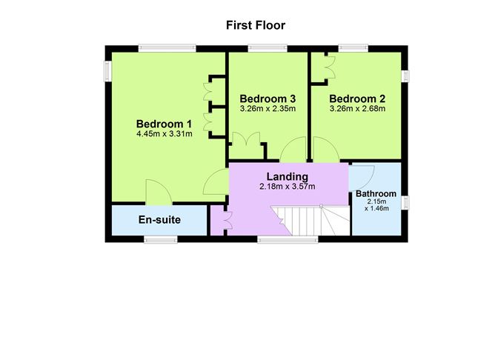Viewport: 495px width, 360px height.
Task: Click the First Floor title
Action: pos(256,25)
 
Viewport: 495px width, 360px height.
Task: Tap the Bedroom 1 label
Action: pos(164,124)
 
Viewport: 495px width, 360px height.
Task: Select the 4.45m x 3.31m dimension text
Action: pos(164,134)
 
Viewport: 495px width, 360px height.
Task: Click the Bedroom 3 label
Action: pos(268,99)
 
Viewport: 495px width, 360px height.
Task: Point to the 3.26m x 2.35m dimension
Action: pos(268,109)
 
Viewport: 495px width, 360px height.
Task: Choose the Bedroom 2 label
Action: pos(358,99)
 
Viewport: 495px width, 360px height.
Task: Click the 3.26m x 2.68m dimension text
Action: pos(358,109)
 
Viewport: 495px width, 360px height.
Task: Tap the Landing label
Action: pos(288,176)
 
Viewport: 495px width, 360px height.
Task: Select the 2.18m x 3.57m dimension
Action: pos(288,187)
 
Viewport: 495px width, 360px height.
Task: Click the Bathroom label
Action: pos(376,194)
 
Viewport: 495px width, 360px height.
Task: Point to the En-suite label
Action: pos(160,220)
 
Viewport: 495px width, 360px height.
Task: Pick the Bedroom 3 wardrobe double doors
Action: pos(245,144)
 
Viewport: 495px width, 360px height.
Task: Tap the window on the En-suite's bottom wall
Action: pos(160,239)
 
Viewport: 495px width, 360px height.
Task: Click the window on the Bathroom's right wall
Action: pos(405,201)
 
